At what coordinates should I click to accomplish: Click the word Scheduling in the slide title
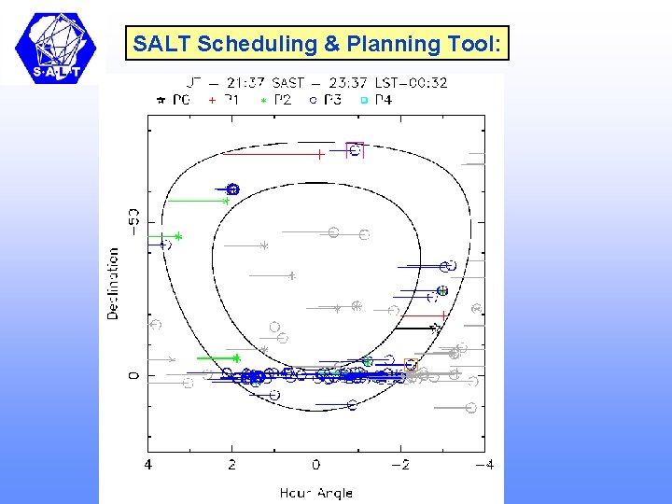pos(231,43)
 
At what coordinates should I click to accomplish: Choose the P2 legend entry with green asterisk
pos(275,99)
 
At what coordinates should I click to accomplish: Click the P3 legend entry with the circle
pos(326,99)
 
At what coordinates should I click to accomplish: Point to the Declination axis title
pos(113,283)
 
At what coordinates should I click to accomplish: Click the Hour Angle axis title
pos(315,492)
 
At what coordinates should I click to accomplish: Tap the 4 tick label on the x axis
pos(148,464)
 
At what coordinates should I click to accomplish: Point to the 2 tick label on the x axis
pos(232,464)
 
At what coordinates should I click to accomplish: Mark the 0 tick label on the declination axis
pos(133,375)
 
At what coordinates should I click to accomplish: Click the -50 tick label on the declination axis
pos(133,227)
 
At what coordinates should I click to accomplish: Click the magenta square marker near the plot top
pos(354,149)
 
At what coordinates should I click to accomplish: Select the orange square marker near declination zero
pos(411,364)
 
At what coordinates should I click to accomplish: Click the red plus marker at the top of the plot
pos(319,154)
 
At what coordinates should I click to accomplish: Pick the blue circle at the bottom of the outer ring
pos(352,405)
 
